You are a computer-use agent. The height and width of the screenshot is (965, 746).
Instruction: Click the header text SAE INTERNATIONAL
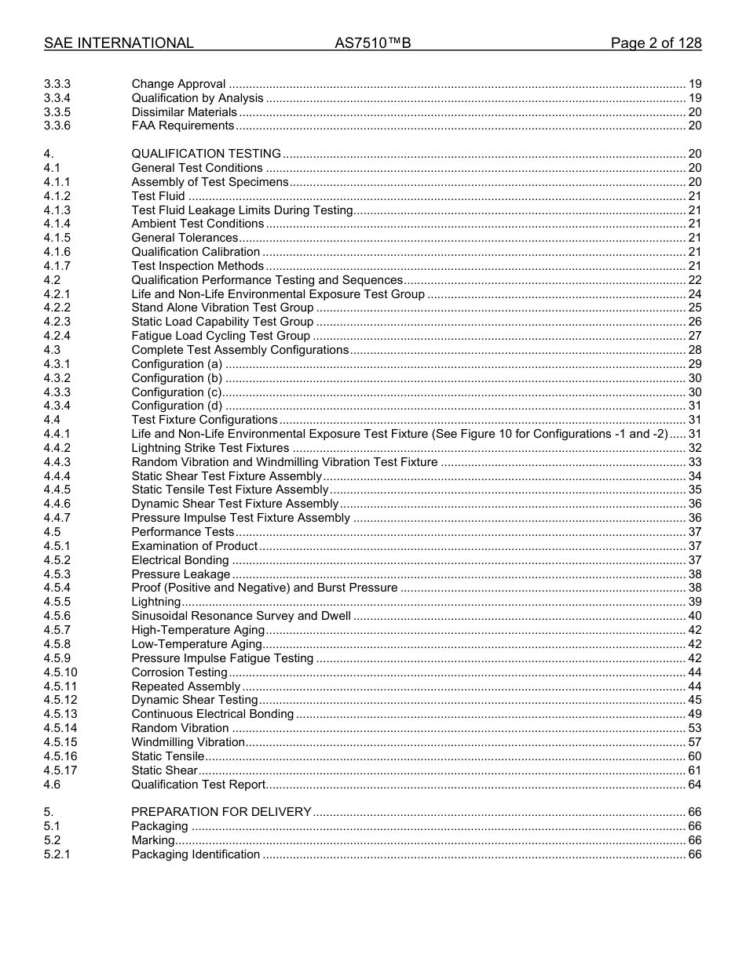coord(119,43)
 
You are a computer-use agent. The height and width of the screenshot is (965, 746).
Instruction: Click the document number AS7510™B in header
coord(372,43)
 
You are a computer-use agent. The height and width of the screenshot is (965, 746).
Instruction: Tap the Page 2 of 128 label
coord(656,43)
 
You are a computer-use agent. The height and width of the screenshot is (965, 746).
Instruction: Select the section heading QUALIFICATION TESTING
coord(206,154)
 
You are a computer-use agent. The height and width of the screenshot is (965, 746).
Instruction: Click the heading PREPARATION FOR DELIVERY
coord(221,812)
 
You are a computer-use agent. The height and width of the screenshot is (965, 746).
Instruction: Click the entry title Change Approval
coord(178,84)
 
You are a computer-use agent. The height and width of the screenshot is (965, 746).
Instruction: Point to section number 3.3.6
coord(57,126)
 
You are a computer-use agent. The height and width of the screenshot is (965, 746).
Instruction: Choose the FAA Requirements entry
coord(183,126)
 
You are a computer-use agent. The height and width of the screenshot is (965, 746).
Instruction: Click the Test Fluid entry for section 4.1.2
coord(159,196)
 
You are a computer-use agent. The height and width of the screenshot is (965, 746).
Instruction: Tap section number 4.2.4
coord(57,336)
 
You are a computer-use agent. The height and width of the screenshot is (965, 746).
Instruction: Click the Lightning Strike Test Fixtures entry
coord(210,448)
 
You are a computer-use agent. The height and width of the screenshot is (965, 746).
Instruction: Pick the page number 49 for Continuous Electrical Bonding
coord(694,714)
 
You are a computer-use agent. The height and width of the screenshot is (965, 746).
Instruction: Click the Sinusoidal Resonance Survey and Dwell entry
coord(241,616)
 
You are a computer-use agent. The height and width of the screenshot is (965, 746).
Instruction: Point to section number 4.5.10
coord(60,672)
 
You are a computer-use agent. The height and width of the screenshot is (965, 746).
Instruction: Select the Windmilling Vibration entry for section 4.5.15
coord(188,742)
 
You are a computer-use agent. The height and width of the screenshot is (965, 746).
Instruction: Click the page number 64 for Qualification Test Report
coord(694,785)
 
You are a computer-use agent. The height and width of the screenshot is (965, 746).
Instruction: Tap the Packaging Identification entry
coord(196,854)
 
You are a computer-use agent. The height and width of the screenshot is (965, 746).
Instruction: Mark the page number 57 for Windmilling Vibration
coord(694,742)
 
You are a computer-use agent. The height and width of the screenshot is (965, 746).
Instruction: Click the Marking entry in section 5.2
coord(153,840)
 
